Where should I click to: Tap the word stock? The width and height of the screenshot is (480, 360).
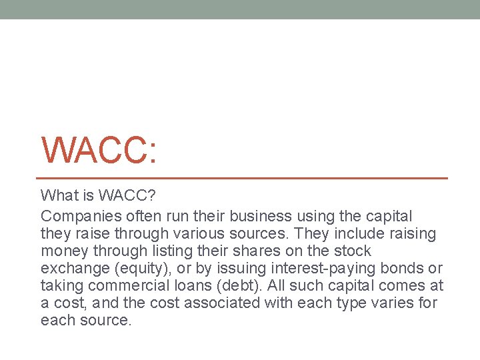pos(349,251)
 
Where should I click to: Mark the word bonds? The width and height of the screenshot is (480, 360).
pos(409,268)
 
